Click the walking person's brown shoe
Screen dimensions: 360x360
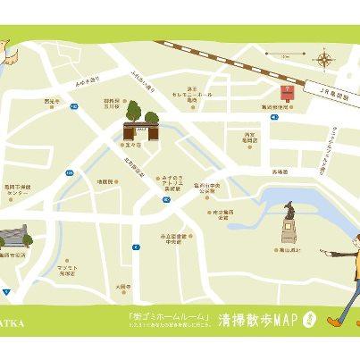tap(333, 319)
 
